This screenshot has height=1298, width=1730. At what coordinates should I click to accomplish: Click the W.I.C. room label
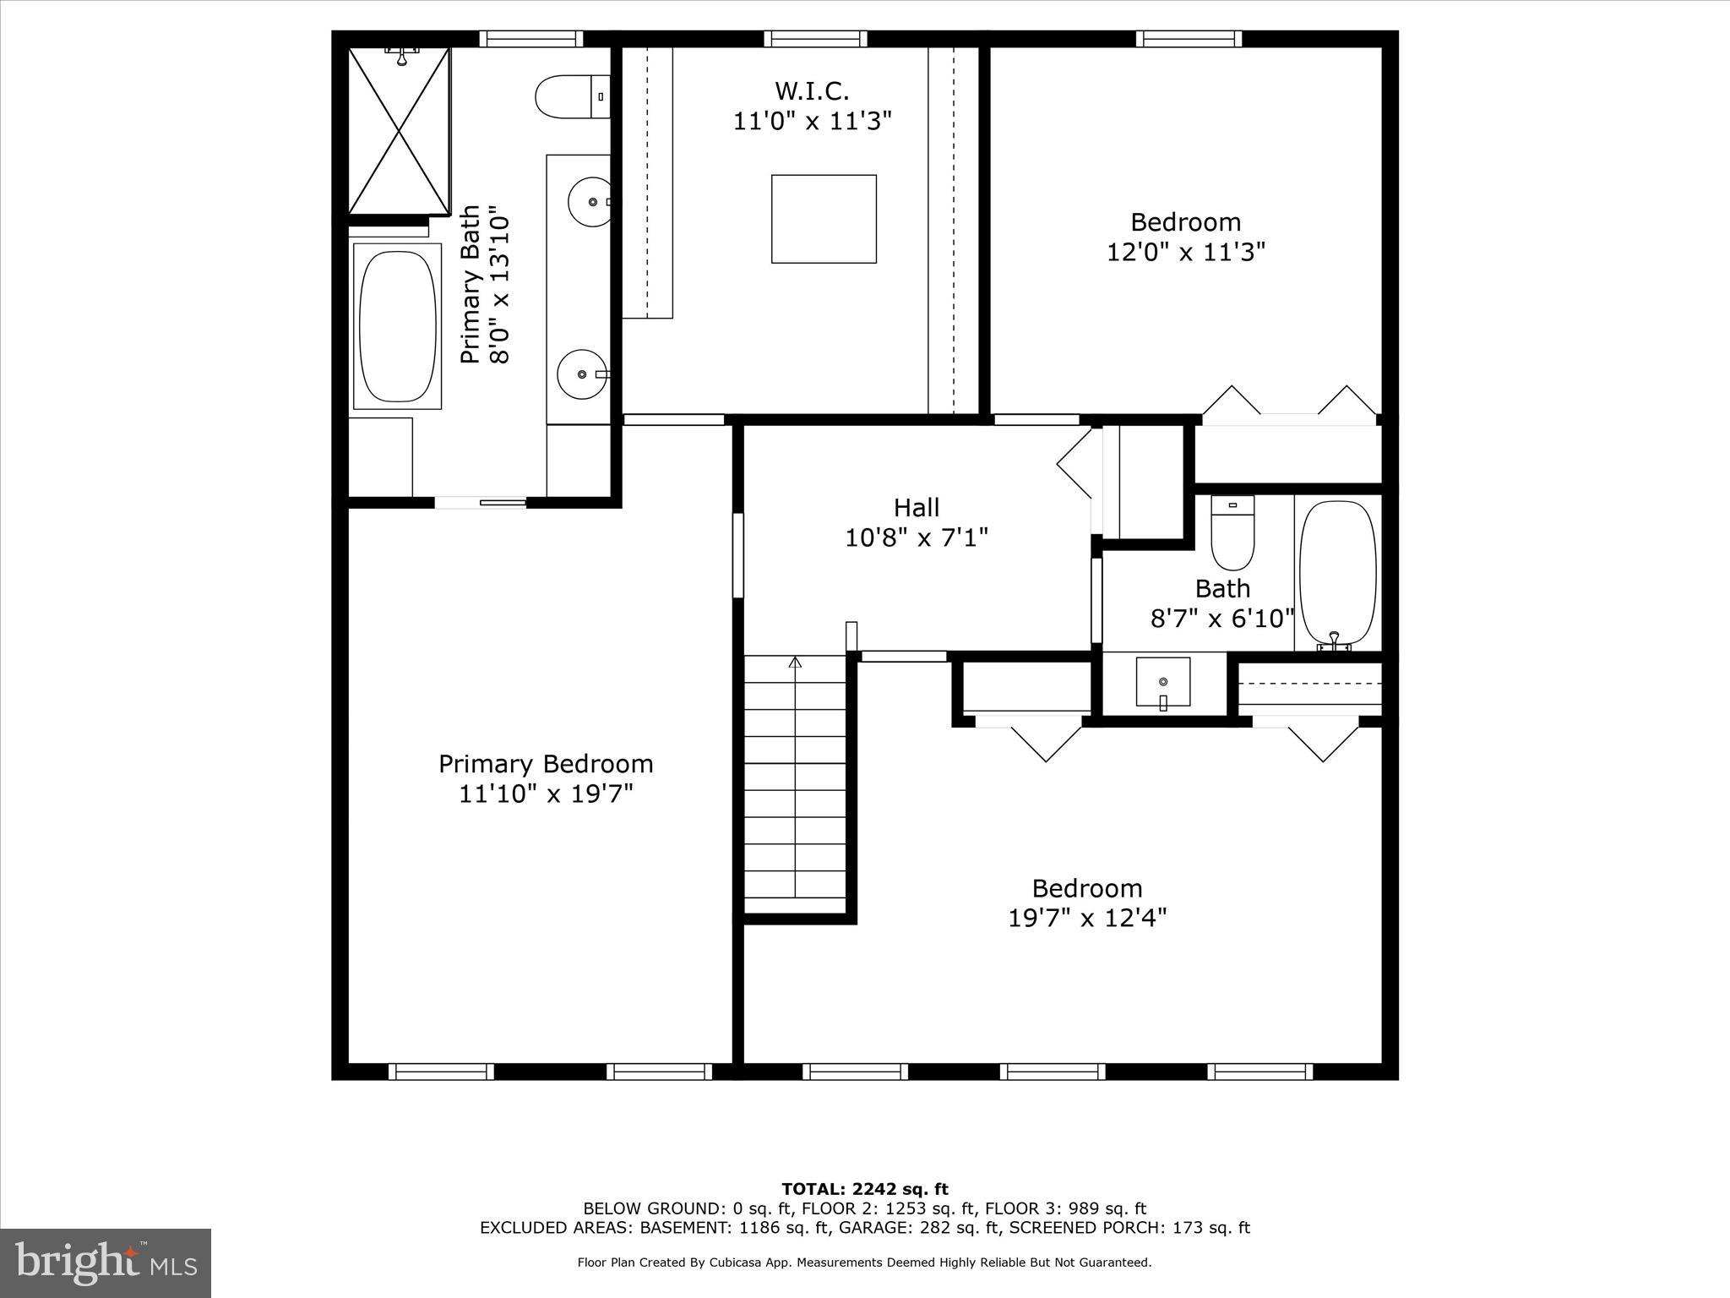[812, 90]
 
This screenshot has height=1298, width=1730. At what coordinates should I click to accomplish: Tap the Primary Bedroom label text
[546, 764]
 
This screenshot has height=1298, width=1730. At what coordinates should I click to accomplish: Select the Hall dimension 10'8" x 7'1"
[917, 537]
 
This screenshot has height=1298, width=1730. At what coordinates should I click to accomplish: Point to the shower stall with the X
[399, 130]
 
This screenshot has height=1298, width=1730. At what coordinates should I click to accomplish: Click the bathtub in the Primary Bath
[397, 326]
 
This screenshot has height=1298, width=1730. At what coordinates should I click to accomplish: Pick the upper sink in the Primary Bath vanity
[590, 202]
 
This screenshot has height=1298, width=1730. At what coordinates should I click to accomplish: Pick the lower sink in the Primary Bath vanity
[582, 374]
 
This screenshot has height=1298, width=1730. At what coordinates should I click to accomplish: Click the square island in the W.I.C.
[824, 219]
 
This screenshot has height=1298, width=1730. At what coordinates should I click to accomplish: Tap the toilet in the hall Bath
[1232, 533]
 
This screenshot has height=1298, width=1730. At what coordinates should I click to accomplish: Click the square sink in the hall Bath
[1163, 682]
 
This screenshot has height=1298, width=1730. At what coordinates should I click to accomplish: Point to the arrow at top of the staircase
[795, 663]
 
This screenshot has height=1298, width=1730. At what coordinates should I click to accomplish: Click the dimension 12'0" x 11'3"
[1186, 252]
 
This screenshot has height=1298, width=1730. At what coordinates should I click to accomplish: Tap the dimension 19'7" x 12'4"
[1087, 918]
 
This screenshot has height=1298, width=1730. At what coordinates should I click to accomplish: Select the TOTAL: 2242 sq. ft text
[865, 1190]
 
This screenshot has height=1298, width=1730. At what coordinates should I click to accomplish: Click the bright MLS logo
[106, 1263]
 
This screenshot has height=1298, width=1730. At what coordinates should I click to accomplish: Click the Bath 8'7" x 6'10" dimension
[1222, 619]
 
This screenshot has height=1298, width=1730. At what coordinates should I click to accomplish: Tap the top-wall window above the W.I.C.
[816, 38]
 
